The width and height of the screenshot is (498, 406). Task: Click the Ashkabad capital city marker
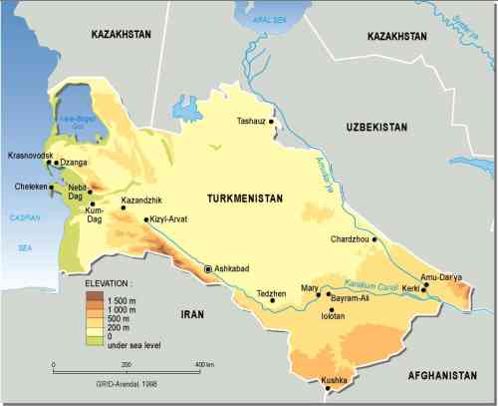tap(208, 269)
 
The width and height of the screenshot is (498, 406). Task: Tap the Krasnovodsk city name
tap(29, 156)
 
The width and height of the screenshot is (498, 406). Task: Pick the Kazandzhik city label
tap(140, 201)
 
